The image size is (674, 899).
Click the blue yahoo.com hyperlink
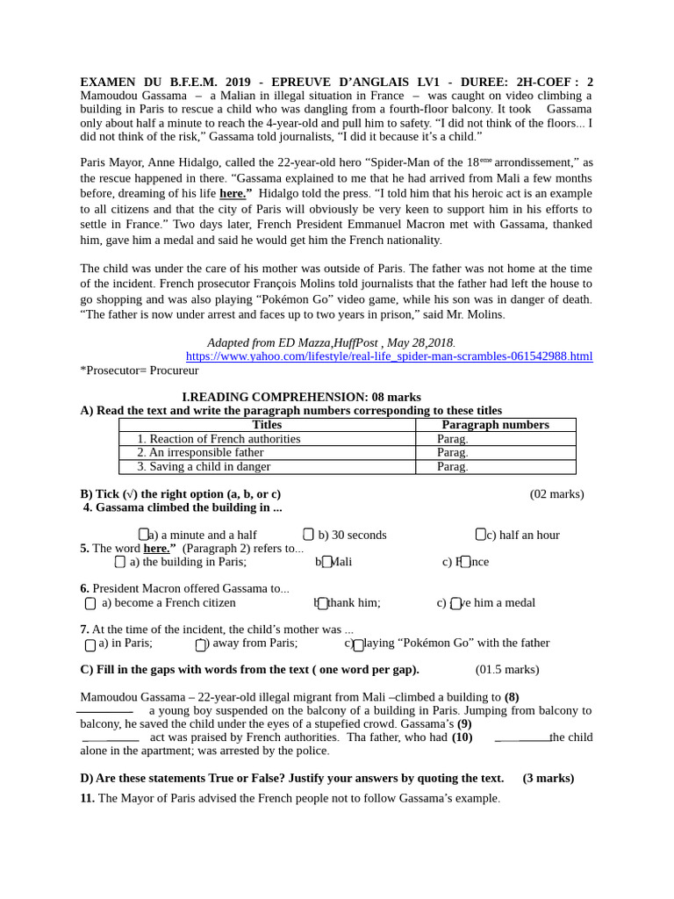(389, 356)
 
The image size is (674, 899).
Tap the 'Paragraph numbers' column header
(495, 425)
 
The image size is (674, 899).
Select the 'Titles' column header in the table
(267, 425)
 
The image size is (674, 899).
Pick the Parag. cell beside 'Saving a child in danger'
(453, 467)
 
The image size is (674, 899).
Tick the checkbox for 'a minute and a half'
(144, 534)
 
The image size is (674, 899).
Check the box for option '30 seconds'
(308, 534)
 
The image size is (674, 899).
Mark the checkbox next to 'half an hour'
(480, 534)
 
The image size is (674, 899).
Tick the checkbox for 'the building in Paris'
(120, 562)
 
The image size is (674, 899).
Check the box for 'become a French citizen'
(90, 603)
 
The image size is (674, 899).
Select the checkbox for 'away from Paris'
(200, 644)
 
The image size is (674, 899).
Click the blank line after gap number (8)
(105, 710)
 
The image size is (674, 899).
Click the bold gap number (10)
(462, 737)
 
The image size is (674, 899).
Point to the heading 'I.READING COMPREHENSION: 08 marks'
(301, 397)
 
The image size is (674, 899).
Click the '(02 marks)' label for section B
(556, 494)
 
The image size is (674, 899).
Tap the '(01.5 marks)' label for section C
(507, 670)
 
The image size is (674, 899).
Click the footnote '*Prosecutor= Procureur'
(140, 370)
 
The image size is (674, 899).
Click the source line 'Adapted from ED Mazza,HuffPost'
(331, 342)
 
